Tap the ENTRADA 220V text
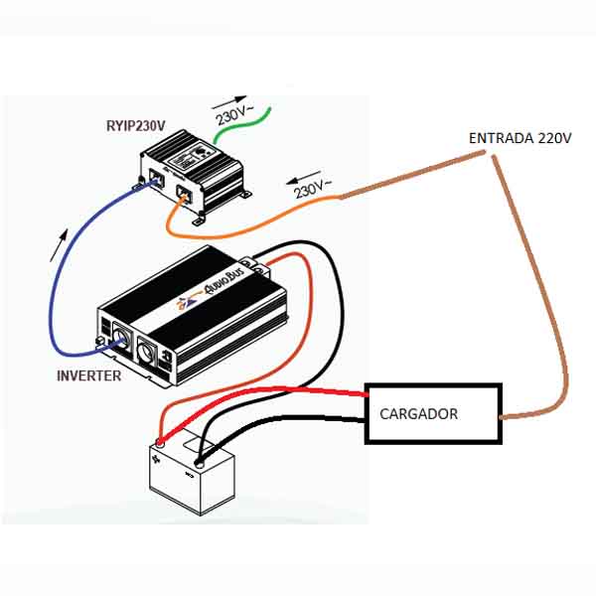coord(520,137)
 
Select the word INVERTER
coord(89,375)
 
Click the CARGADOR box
coord(433,413)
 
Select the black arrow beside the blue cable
coord(64,241)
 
